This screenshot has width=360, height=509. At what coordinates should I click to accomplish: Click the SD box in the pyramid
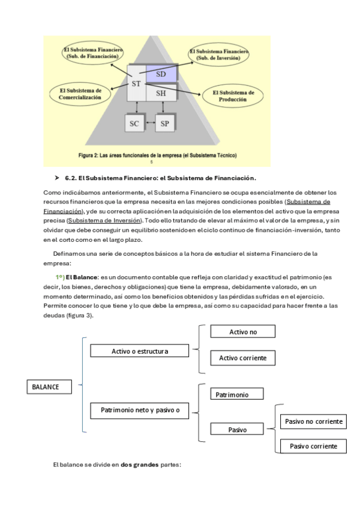161,74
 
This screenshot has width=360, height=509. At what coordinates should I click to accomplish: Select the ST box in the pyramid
136,83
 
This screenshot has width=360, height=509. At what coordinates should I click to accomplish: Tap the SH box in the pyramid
161,94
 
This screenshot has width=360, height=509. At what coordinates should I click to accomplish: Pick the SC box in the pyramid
134,124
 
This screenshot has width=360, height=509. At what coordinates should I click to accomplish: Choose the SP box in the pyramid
165,124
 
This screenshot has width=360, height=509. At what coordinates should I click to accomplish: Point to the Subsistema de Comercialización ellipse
76,94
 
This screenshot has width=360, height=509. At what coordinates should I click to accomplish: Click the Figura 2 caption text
157,155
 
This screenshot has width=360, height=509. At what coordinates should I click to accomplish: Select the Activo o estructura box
139,351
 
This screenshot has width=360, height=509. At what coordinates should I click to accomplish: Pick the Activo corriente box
243,358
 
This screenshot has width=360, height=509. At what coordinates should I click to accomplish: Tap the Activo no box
243,331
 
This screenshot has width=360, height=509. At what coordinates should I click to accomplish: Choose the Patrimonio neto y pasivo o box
139,411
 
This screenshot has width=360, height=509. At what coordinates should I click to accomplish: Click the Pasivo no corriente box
314,422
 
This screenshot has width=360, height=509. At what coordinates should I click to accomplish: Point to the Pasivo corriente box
314,446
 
